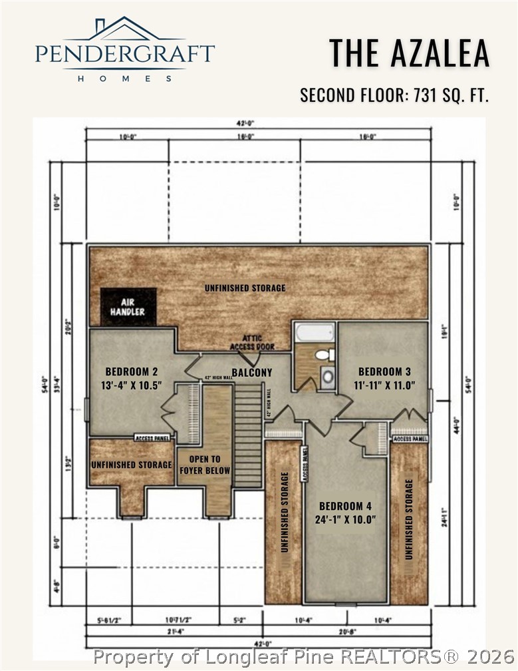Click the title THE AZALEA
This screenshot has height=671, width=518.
click(x=410, y=53)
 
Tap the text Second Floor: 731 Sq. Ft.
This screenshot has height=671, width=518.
click(x=394, y=95)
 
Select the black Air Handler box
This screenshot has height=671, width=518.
click(x=128, y=307)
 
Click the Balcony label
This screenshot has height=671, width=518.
click(x=251, y=372)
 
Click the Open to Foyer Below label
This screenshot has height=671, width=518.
click(x=204, y=465)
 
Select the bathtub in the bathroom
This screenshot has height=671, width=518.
click(x=315, y=332)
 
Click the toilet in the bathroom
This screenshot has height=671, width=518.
click(x=324, y=355)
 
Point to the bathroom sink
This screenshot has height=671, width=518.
click(x=328, y=376)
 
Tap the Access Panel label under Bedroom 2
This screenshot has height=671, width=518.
click(x=152, y=437)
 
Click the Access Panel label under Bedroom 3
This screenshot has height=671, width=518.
click(x=409, y=439)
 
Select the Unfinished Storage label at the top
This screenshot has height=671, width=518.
click(x=245, y=288)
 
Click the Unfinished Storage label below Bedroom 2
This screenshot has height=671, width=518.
click(x=131, y=464)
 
